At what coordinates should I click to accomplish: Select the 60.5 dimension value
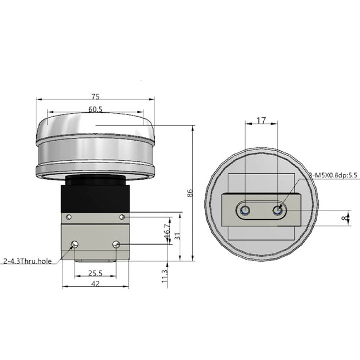[95, 109]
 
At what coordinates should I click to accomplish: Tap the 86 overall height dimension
[190, 193]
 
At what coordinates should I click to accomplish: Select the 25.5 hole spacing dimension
[95, 273]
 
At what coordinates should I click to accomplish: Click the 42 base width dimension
[95, 284]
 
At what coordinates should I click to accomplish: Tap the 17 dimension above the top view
[261, 119]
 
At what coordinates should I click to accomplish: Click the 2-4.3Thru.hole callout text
[28, 261]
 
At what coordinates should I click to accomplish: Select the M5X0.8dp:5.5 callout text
[334, 176]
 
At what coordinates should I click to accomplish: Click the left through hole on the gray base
[74, 244]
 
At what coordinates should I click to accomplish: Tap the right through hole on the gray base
[116, 244]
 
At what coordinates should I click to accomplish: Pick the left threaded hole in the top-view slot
[244, 210]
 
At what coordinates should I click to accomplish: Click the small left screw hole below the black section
[69, 217]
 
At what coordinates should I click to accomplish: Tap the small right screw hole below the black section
[122, 217]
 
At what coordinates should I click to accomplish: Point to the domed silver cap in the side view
[95, 131]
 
